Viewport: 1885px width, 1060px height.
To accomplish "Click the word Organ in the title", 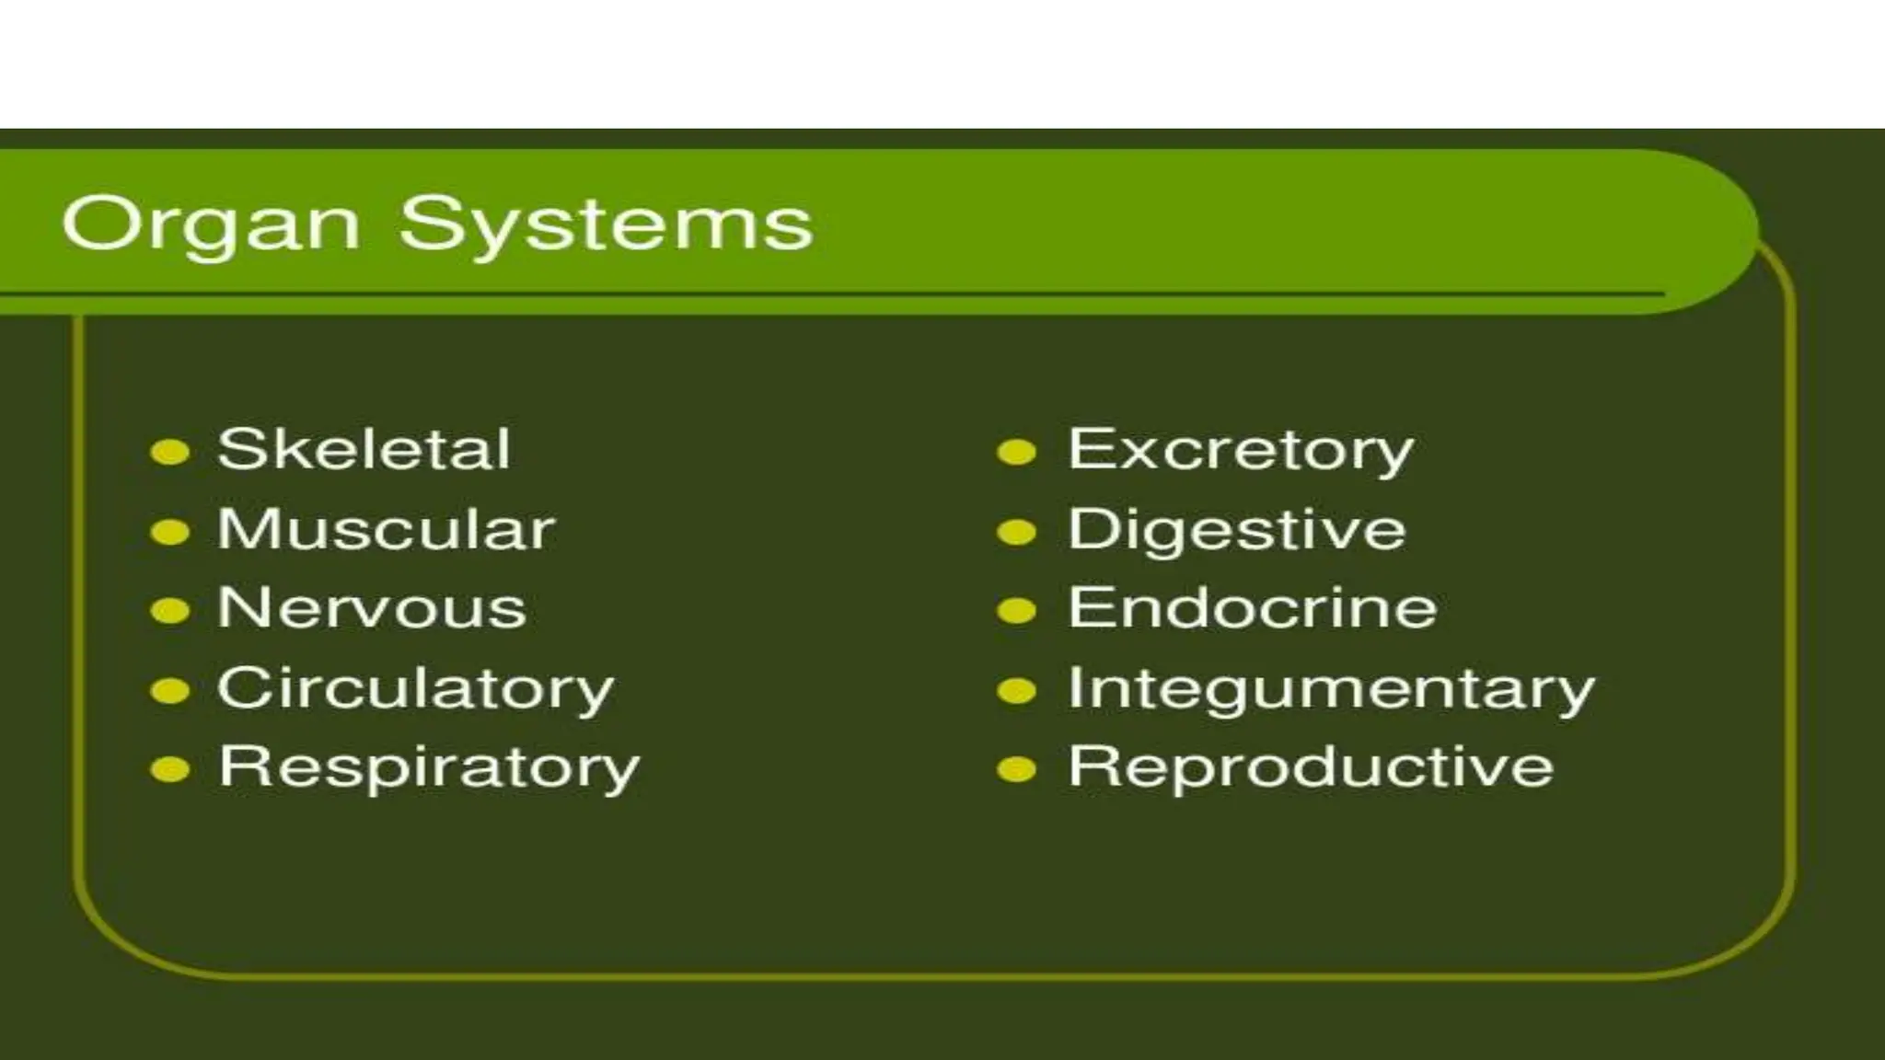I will coord(210,225).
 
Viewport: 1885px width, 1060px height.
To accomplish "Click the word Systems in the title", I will coord(607,225).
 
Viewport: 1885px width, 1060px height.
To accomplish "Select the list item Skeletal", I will coord(364,450).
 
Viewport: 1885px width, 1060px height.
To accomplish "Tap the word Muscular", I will coord(386,530).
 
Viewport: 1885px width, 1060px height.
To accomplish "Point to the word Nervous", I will coord(372,609).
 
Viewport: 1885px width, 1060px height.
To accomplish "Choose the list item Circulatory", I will coord(415,689).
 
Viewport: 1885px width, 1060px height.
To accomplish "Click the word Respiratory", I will coord(429,768).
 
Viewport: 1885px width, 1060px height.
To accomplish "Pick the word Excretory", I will coord(1240,451).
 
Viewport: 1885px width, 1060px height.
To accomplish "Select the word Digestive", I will coord(1236,531).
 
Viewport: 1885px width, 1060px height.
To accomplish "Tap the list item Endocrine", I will coord(1252,609).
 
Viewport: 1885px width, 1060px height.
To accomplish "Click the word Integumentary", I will coord(1331,689).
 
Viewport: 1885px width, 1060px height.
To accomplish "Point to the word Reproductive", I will coord(1311,767).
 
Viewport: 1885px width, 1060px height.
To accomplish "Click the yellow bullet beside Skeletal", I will coord(169,453).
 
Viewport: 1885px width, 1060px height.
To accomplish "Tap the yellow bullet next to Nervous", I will coord(169,611).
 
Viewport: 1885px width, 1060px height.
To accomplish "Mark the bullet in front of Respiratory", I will coord(169,770).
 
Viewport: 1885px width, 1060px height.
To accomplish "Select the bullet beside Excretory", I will coord(1017,453).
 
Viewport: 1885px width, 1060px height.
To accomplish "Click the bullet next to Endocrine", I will coord(1017,611).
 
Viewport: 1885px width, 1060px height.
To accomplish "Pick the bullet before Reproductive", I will coord(1017,770).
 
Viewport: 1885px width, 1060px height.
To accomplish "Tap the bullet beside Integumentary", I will coord(1017,691).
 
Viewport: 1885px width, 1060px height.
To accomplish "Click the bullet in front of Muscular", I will coord(169,532).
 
